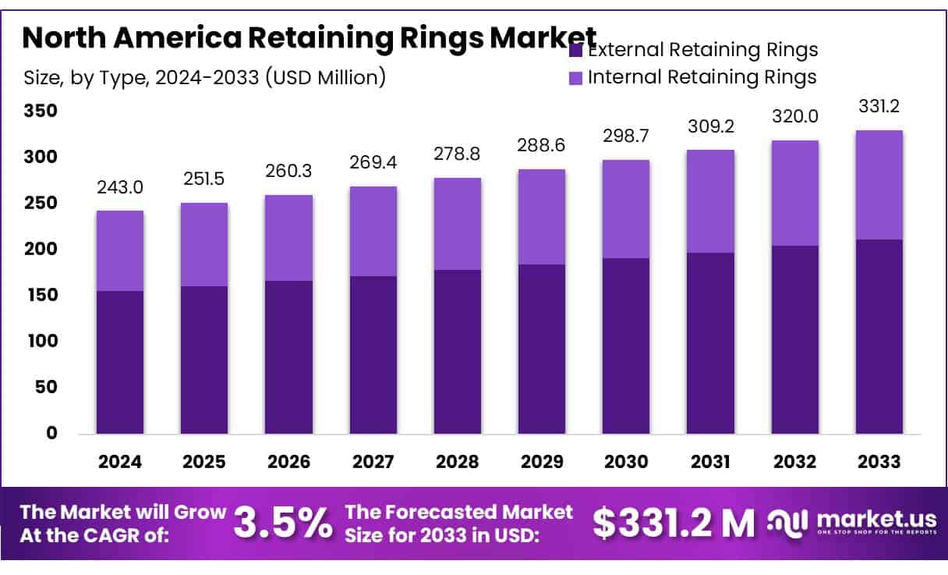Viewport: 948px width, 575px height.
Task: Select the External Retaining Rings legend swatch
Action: point(576,51)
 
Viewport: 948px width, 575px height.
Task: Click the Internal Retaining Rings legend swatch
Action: point(576,77)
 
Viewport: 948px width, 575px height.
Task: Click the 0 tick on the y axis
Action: point(51,434)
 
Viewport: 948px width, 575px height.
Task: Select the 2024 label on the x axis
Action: point(120,461)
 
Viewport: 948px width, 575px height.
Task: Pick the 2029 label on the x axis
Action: point(542,461)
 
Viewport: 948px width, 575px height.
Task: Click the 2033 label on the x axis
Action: point(879,461)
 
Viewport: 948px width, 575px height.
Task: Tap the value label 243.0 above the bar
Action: point(120,188)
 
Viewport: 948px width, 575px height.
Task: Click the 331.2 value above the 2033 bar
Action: point(879,107)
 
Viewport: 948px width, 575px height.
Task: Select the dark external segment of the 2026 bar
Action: point(288,357)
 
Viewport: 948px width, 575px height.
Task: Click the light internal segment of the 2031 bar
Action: point(710,201)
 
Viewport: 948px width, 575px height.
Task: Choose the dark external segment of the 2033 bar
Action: point(879,336)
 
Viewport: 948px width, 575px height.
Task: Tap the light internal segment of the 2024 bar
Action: point(120,250)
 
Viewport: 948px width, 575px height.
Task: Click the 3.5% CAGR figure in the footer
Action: point(283,523)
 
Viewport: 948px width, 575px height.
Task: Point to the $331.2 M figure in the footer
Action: point(673,523)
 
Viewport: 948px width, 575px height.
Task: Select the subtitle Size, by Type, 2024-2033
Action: point(204,77)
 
